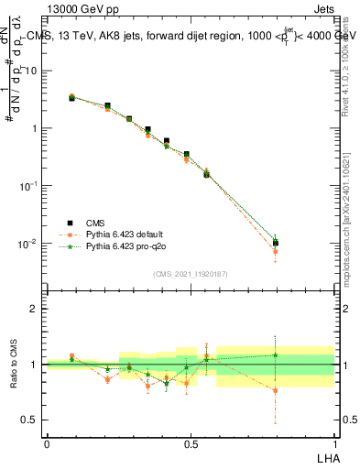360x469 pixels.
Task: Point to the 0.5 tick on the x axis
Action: click(x=191, y=442)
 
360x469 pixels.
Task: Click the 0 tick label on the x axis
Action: click(x=47, y=442)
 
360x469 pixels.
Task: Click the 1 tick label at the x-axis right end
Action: click(x=333, y=442)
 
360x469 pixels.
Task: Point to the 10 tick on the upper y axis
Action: click(x=32, y=70)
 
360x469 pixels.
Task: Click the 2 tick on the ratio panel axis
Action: click(x=36, y=309)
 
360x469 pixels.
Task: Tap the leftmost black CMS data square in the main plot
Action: click(x=72, y=97)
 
